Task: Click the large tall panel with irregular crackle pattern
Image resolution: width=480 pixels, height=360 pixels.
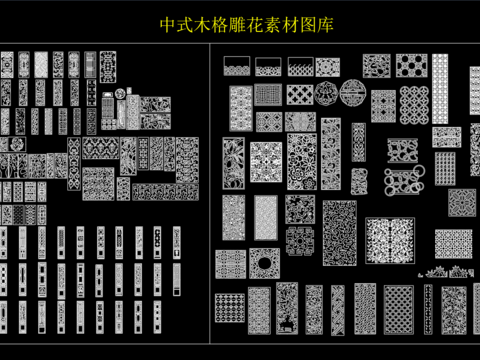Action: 339,233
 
